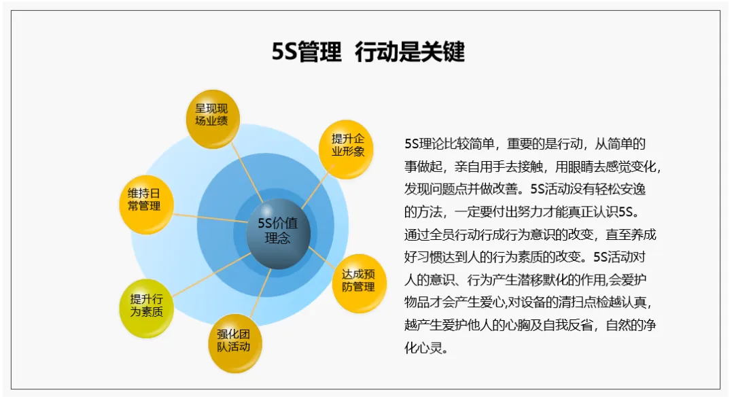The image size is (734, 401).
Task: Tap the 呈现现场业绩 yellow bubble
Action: pos(211,118)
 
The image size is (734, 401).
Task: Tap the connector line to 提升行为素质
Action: pos(204,275)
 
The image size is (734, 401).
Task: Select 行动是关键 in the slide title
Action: pos(409,53)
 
